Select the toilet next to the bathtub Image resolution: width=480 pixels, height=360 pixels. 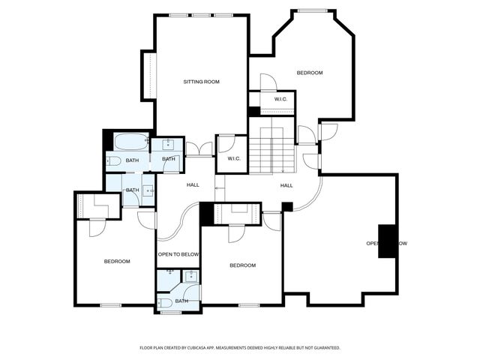[113, 160]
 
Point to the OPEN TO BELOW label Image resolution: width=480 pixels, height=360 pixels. [178, 254]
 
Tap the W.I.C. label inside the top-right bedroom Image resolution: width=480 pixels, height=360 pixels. [281, 99]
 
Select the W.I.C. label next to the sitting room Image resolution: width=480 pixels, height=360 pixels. [233, 158]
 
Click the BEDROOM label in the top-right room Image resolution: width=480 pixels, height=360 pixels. [309, 73]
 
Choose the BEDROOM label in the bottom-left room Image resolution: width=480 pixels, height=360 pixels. [117, 261]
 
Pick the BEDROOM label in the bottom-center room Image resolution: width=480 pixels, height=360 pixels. [242, 265]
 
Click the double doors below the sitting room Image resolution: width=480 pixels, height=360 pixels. [199, 149]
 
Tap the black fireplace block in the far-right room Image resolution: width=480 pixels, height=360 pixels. [387, 241]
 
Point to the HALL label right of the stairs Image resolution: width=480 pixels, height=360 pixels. [286, 185]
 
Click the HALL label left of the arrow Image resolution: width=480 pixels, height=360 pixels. [193, 184]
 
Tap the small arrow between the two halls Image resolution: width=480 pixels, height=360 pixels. [219, 187]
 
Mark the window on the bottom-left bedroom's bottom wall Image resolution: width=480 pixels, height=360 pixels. [111, 305]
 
